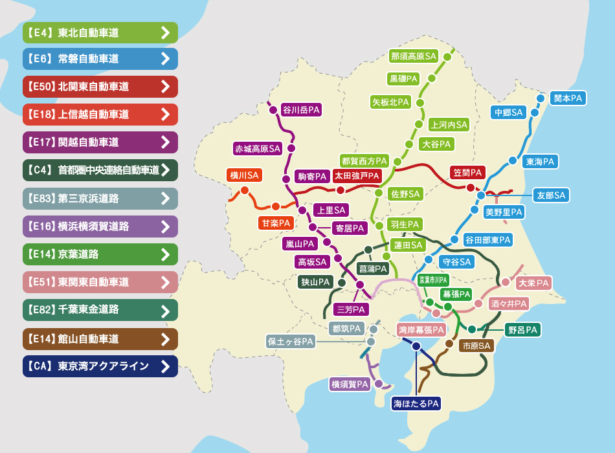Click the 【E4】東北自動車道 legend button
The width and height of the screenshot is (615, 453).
coord(100,32)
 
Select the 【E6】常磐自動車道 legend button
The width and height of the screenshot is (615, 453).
coord(100,59)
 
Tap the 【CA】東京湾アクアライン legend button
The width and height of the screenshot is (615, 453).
coord(100,366)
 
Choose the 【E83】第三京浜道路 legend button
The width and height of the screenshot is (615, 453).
coord(100,198)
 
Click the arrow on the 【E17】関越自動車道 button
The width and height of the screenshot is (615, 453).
coord(166,142)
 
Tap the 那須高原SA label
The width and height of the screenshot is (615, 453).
coord(414,56)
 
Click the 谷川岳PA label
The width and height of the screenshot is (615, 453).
coord(301,110)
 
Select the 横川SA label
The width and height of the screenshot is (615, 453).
coord(244,175)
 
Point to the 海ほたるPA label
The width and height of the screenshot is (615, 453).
coord(416,404)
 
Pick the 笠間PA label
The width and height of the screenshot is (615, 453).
coord(467,173)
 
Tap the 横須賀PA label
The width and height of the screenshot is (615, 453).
coord(350,384)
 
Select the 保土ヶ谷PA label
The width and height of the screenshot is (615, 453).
coord(291,341)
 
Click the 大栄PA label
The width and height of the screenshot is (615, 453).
coord(533,283)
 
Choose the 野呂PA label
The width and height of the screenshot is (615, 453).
coord(522,330)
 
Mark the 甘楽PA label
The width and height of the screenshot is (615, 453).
coord(276,223)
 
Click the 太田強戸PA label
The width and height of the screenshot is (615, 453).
coord(357,175)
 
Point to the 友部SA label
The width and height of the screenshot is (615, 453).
coord(551,195)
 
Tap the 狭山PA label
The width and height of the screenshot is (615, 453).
coord(315,282)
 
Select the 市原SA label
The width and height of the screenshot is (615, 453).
coord(476,346)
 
